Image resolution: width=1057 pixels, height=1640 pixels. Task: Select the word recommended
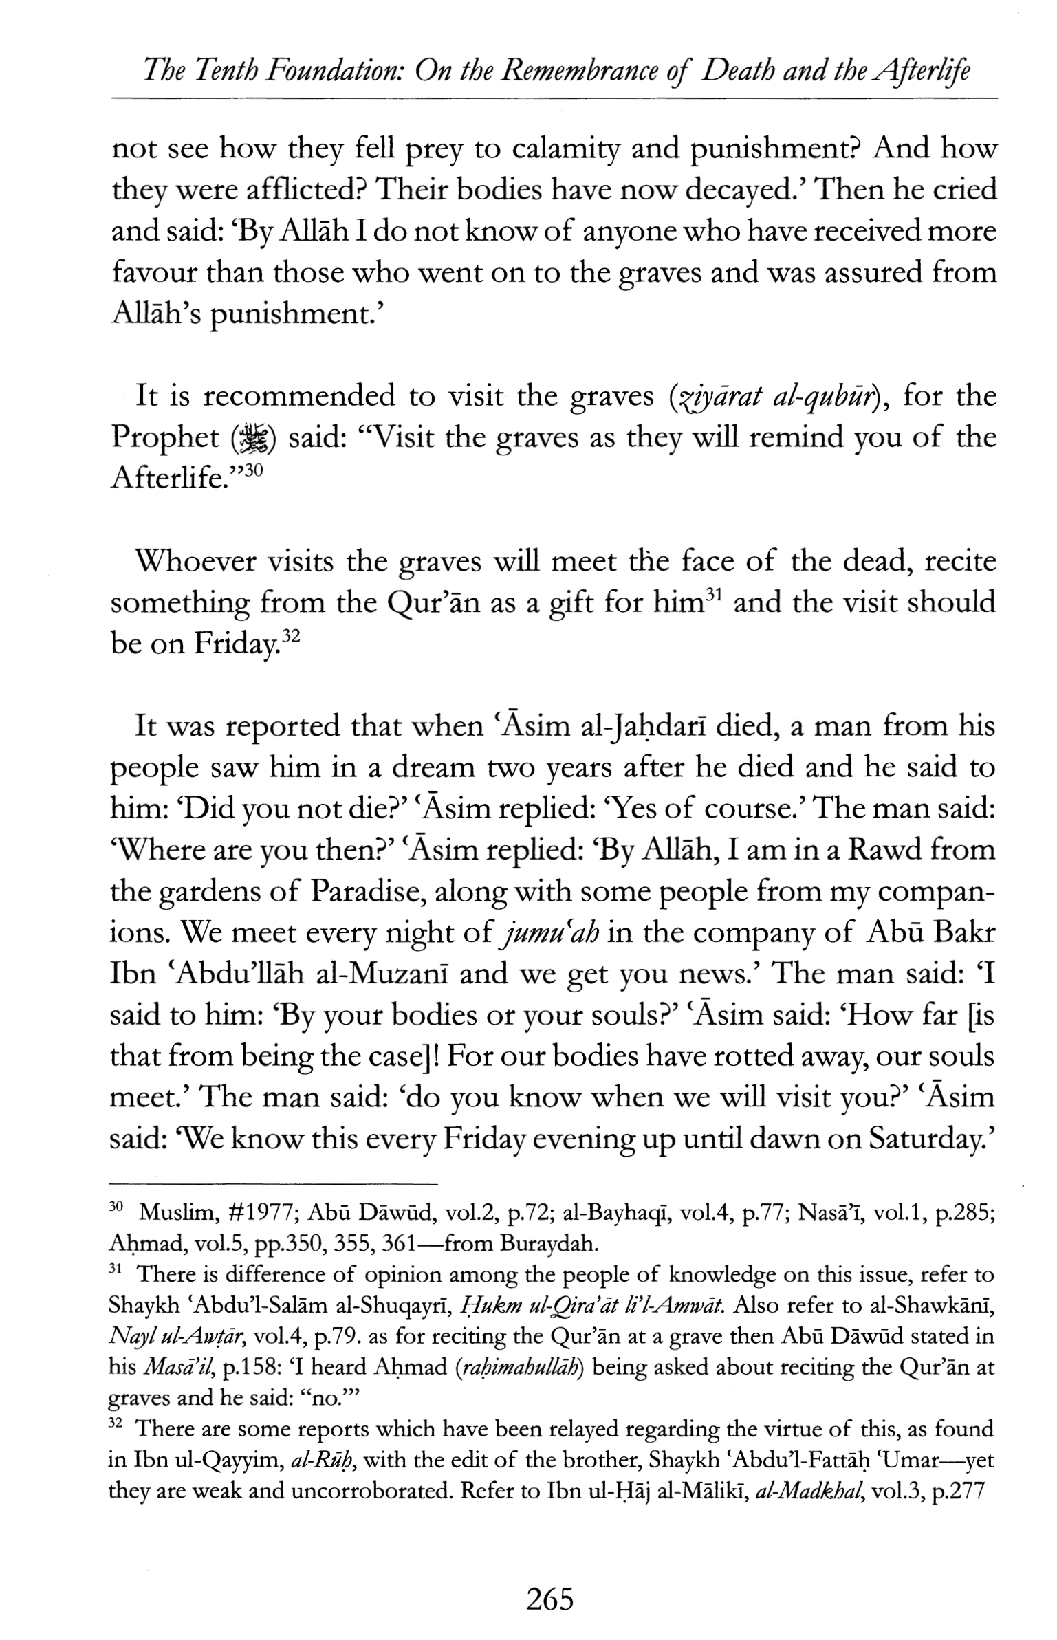[x=300, y=397]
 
